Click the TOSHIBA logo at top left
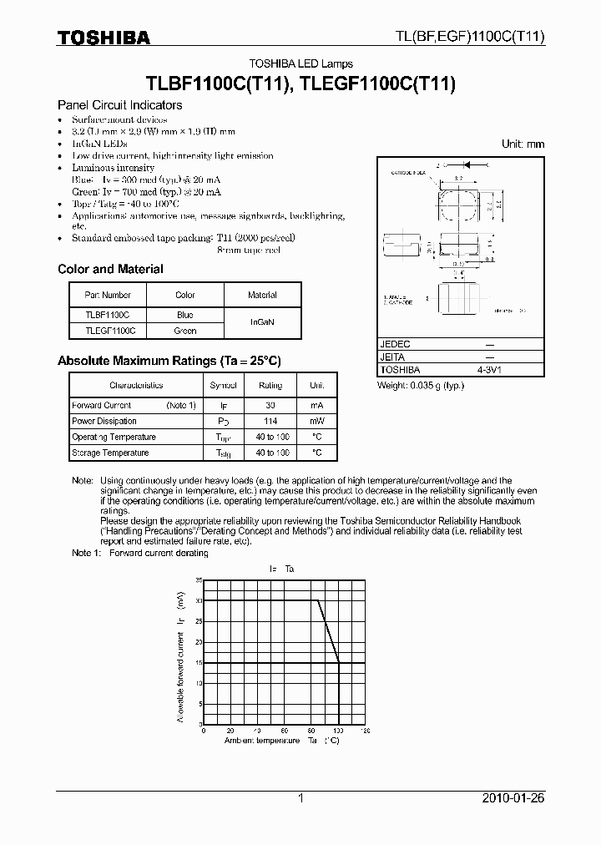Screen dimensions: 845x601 [x=104, y=38]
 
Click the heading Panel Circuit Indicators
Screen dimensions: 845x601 [x=119, y=105]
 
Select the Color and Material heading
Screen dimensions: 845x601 [x=110, y=269]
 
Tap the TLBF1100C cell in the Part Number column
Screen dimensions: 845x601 [x=108, y=315]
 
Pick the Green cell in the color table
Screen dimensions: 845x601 [x=185, y=331]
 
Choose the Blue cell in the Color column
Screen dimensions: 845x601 [x=185, y=315]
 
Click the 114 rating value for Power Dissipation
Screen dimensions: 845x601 [x=270, y=421]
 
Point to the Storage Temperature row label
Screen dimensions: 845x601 [x=110, y=453]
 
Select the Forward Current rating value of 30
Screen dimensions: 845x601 [x=270, y=405]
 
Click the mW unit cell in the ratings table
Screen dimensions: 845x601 [x=317, y=421]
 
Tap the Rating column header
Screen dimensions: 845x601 [x=270, y=386]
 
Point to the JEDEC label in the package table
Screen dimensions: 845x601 [x=396, y=344]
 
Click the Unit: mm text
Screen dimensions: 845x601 [x=523, y=144]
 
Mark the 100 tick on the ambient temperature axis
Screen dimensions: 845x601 [x=338, y=730]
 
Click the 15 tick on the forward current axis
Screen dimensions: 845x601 [x=199, y=662]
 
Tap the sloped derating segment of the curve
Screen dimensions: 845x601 [x=328, y=631]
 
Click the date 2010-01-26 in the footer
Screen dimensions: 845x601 [x=513, y=798]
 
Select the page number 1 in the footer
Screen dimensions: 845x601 [x=300, y=798]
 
